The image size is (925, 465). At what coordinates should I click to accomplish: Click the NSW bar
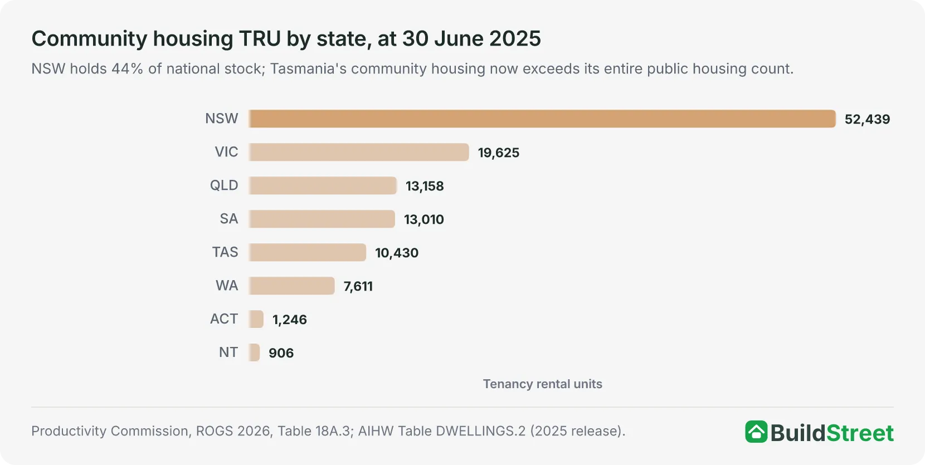pyautogui.click(x=542, y=119)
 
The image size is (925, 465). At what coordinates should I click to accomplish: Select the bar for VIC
pyautogui.click(x=359, y=152)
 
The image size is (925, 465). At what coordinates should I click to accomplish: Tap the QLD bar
pyautogui.click(x=323, y=185)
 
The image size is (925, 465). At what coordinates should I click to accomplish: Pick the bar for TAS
pyautogui.click(x=307, y=252)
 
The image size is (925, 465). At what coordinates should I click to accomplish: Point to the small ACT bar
pyautogui.click(x=256, y=319)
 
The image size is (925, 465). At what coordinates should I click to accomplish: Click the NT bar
pyautogui.click(x=254, y=353)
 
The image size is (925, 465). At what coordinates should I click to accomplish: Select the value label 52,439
pyautogui.click(x=867, y=119)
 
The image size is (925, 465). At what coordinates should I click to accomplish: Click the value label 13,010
pyautogui.click(x=423, y=219)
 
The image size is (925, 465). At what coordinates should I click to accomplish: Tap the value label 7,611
pyautogui.click(x=358, y=286)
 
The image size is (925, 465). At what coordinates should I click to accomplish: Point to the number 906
pyautogui.click(x=281, y=353)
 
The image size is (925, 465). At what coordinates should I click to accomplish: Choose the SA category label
pyautogui.click(x=229, y=219)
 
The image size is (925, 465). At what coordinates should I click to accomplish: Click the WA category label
pyautogui.click(x=227, y=286)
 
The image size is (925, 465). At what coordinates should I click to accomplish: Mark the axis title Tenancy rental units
pyautogui.click(x=543, y=384)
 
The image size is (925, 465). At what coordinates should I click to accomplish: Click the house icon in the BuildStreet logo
pyautogui.click(x=756, y=432)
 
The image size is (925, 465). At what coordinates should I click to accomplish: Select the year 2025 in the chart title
pyautogui.click(x=515, y=39)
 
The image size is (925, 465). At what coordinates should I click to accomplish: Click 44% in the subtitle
pyautogui.click(x=127, y=69)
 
